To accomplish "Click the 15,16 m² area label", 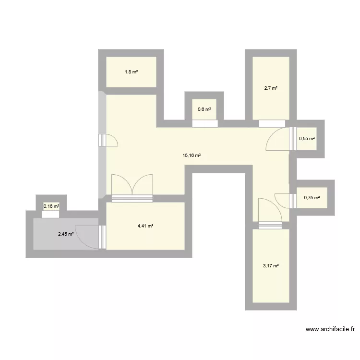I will point(192,156).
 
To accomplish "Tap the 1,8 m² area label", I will point(132,72).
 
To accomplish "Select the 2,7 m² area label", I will point(271,88).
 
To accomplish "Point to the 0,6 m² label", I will point(204,109).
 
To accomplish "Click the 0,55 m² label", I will point(307,139).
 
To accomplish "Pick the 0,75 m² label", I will point(312,197).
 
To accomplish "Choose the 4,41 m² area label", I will point(145,226).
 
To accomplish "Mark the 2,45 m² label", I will point(66,234).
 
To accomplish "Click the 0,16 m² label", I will point(51,206).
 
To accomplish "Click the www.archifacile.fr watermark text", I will point(330,330).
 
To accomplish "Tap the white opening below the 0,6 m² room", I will point(204,123).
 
